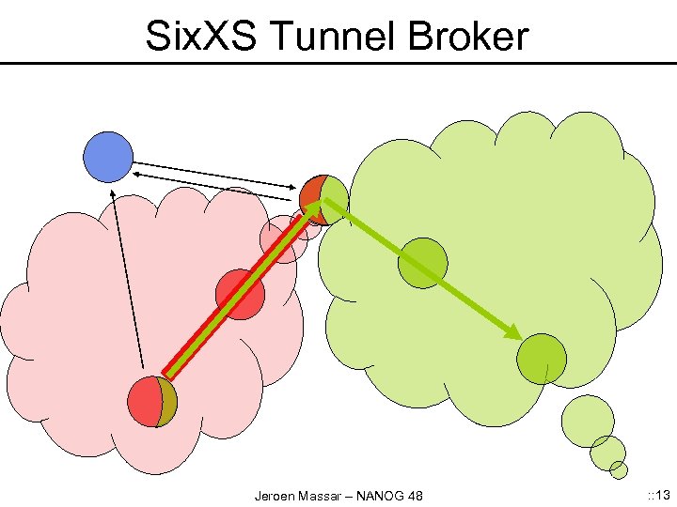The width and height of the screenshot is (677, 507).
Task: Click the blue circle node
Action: pos(108,157)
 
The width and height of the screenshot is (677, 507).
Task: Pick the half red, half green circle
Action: pos(323,199)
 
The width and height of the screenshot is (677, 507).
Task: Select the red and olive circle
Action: pos(152,402)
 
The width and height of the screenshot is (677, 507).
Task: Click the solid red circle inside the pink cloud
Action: pos(240,294)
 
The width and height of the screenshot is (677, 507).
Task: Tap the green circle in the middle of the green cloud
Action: pos(422,262)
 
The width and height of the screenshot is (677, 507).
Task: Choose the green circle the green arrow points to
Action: pos(542,359)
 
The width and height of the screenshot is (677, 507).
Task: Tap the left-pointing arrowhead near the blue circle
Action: pos(137,174)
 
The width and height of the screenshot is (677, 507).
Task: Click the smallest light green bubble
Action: pos(619,469)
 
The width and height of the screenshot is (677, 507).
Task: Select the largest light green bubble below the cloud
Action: pos(588,421)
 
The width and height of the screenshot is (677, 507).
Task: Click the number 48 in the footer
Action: pos(414,495)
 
